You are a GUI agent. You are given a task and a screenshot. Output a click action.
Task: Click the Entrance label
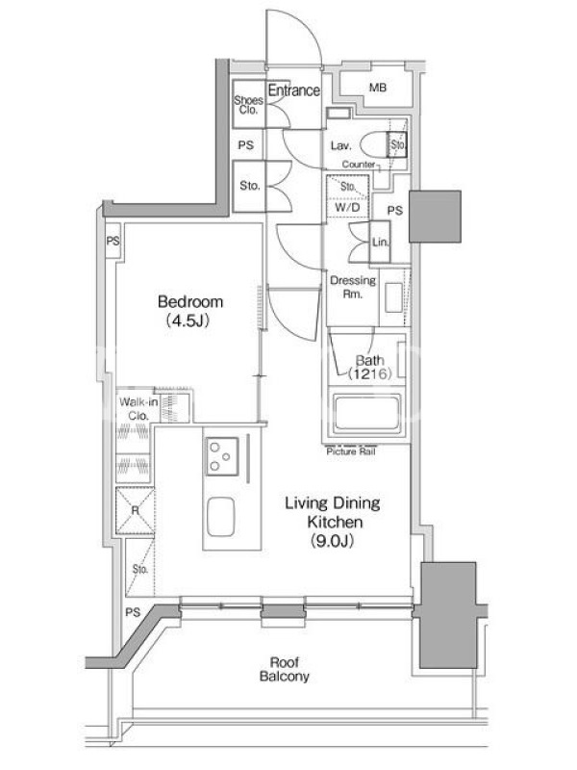pos(294,90)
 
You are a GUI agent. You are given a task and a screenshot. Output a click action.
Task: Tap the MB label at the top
pos(378,88)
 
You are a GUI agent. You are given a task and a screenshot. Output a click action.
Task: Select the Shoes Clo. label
pos(248,105)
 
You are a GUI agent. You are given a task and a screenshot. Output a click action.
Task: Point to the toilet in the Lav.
pos(373,145)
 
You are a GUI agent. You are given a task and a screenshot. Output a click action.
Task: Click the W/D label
pos(347,208)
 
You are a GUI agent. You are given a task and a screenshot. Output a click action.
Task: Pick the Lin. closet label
pos(380,243)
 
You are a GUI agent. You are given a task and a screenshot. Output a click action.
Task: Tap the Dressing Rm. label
pos(353,287)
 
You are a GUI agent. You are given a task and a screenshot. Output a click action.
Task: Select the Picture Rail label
pos(351,451)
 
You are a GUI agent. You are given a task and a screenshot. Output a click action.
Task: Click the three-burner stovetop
pos(222,456)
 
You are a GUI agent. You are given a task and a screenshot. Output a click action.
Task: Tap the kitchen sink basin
pos(221,517)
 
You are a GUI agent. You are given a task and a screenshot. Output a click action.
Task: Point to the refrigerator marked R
pos(135,511)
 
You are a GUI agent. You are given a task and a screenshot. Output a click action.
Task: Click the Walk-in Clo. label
pos(138,408)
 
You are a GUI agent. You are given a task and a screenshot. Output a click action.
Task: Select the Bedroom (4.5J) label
pos(189,311)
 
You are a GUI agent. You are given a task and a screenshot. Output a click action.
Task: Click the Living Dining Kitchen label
pos(333,512)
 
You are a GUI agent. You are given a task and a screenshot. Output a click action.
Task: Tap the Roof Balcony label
pos(284,669)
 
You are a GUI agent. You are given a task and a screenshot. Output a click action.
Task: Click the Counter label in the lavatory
pos(359,164)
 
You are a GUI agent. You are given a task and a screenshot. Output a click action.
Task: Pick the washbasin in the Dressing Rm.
pos(393,297)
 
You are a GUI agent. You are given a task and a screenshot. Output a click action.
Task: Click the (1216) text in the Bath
pos(369,374)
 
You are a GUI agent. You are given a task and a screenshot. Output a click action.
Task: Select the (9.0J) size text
pos(332,541)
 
